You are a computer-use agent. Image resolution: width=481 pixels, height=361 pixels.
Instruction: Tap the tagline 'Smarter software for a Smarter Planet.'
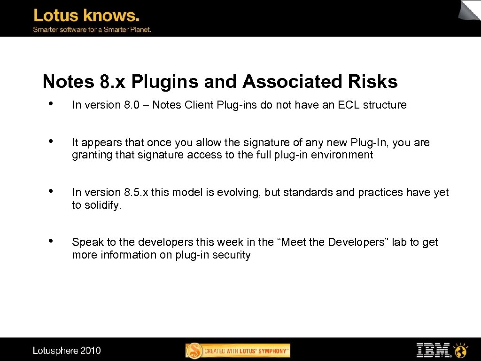click(x=92, y=30)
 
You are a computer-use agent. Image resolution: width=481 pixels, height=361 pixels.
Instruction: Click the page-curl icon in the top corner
click(x=470, y=10)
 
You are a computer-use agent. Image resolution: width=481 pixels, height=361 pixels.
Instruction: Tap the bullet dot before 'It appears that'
click(x=50, y=141)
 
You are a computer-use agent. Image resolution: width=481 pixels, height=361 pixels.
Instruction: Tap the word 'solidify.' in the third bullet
click(x=102, y=205)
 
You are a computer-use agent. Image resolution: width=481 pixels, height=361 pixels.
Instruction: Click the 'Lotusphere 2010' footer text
click(x=67, y=350)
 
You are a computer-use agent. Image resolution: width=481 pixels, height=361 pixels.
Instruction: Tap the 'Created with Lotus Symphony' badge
click(x=238, y=351)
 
